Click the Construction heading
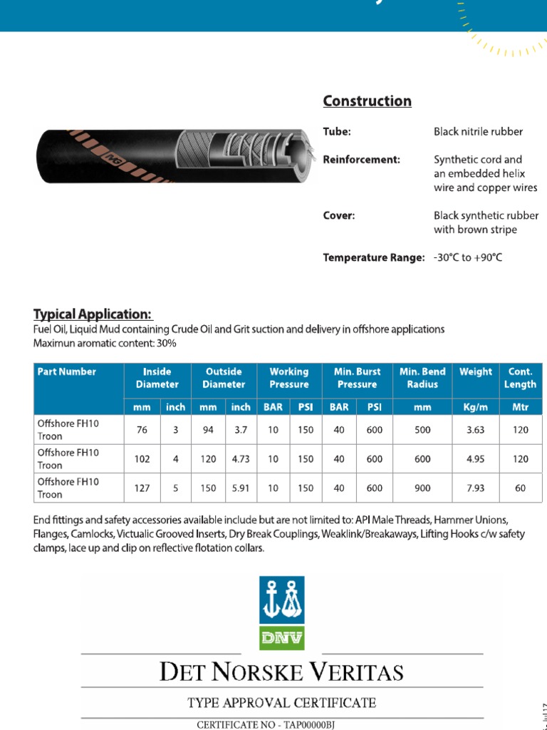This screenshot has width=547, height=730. (367, 101)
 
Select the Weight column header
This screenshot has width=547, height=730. (475, 371)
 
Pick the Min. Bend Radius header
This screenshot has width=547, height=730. (422, 378)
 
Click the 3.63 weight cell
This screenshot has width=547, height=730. (475, 430)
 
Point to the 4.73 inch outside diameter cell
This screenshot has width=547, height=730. (241, 459)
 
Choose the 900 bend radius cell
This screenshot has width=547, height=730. (422, 488)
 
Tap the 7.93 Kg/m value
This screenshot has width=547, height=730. (475, 488)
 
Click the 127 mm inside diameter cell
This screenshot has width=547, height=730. (142, 488)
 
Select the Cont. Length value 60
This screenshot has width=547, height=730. (521, 488)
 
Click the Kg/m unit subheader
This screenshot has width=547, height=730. (475, 407)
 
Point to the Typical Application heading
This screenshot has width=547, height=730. (93, 314)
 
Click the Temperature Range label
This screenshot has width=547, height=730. (374, 257)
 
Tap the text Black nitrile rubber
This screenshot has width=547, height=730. (478, 132)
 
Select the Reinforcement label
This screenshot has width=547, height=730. (362, 160)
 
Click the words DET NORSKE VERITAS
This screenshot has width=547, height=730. (281, 672)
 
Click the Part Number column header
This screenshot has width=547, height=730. (67, 371)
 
